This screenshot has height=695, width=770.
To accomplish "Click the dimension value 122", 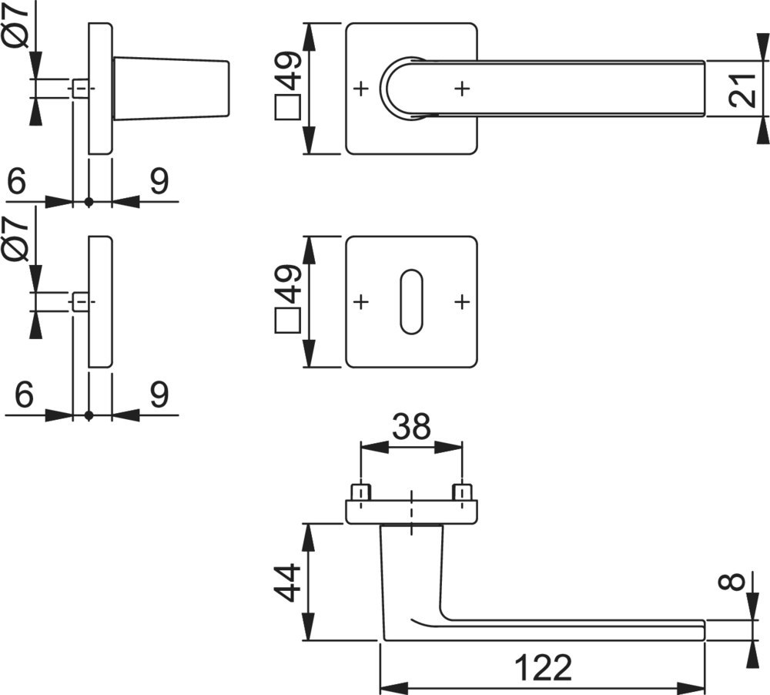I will click(544, 669).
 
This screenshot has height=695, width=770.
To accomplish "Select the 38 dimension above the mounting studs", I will click(410, 426).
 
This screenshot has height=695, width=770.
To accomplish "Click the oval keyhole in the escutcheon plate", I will click(412, 302).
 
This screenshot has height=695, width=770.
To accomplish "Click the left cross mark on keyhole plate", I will click(360, 302).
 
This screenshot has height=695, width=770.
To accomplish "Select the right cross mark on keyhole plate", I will click(461, 302).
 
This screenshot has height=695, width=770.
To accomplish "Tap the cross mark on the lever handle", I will click(461, 89).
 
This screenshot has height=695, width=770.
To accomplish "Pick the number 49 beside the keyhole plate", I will click(286, 284).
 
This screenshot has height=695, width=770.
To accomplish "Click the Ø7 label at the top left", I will click(20, 25).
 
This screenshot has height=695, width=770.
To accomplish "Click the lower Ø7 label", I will click(20, 238).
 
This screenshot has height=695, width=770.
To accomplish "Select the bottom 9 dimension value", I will click(159, 395).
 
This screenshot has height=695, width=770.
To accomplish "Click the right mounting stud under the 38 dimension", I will click(461, 491).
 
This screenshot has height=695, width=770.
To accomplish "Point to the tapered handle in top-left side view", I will click(171, 89).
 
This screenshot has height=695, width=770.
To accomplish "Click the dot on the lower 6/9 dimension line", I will click(89, 415).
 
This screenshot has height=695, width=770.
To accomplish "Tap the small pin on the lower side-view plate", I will click(80, 302).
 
